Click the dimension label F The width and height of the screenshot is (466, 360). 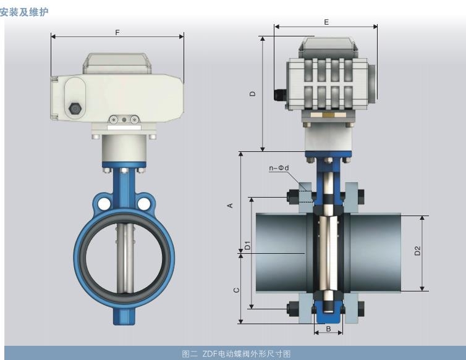117,32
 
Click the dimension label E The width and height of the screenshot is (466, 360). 326,22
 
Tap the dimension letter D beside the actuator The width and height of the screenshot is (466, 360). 253,93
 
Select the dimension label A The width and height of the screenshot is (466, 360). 230,206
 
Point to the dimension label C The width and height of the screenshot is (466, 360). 237,290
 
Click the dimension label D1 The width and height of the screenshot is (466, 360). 248,246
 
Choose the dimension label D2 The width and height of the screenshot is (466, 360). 418,251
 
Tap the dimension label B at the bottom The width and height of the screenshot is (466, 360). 328,329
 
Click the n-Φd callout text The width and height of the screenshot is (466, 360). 279,168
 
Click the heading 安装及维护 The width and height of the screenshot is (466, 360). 24,12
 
